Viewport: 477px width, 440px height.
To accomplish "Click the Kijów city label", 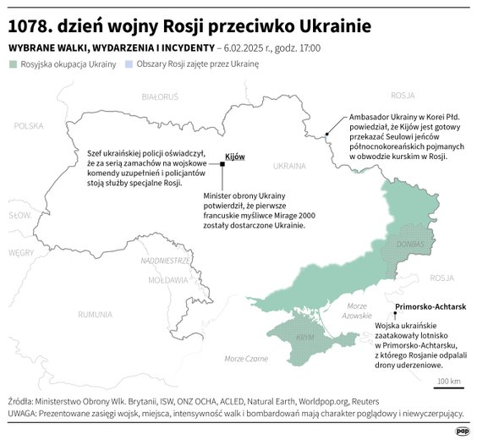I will point(234,157).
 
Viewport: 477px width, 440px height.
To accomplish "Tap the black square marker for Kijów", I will point(222,165).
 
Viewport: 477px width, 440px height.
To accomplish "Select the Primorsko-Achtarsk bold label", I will point(430,308).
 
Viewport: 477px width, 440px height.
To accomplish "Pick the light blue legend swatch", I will point(129,64).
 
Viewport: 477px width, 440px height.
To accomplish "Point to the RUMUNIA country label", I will point(95,314).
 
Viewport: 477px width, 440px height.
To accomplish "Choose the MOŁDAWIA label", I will point(167,279).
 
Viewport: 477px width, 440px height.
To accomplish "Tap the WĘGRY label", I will point(20,252).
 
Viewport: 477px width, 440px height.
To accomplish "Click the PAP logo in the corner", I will point(463,430).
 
